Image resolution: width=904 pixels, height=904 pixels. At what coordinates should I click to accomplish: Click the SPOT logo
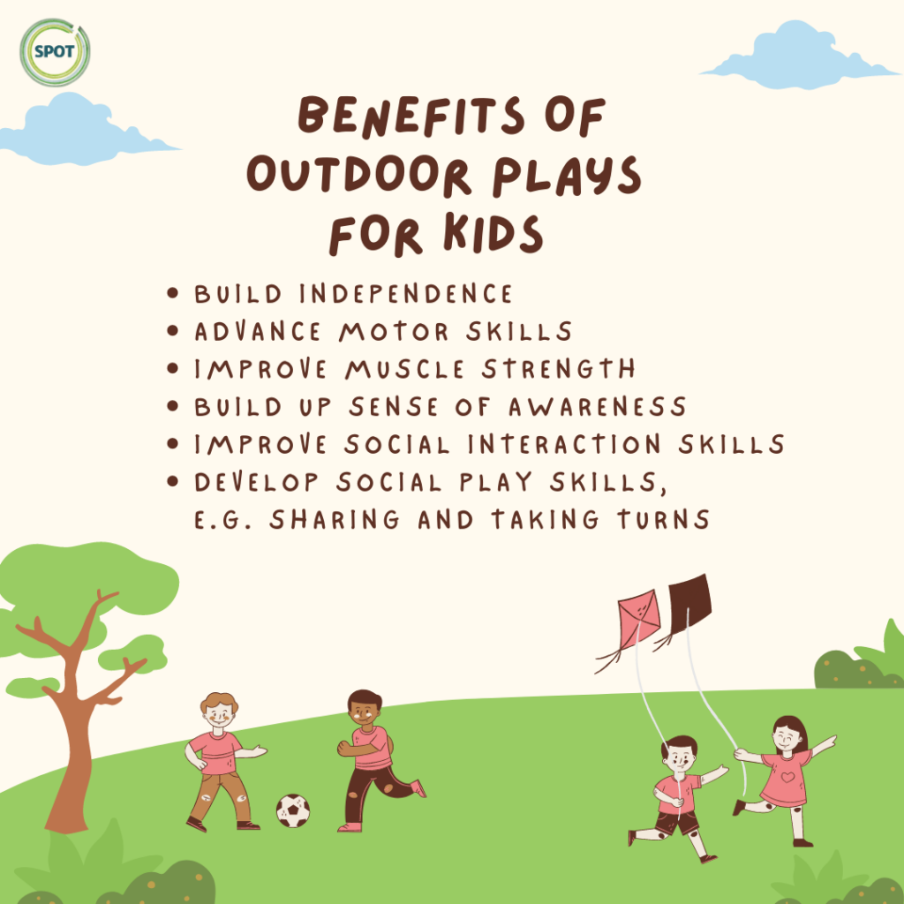pos(55,52)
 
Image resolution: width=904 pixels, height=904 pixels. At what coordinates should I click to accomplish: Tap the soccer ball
pos(293,810)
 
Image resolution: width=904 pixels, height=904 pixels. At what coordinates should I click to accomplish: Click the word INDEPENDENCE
pos(403,293)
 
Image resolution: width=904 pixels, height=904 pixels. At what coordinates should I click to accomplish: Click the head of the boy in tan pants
pos(219,709)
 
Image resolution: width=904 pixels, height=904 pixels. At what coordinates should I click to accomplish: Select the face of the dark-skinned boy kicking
pos(363,712)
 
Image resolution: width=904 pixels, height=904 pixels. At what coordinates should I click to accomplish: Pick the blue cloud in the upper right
pos(799,57)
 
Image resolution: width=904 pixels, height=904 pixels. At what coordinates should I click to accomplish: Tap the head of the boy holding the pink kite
pos(678,756)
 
